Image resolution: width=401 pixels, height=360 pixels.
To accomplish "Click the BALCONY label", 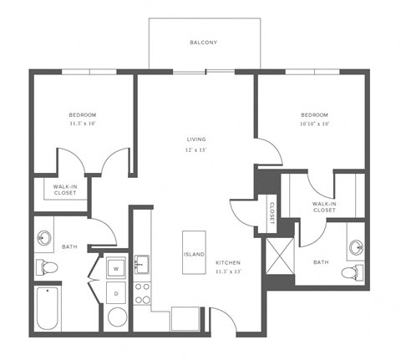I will [203, 42].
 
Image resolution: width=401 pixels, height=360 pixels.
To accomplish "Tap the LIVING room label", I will [197, 139].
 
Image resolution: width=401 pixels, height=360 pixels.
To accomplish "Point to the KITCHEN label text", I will [228, 261].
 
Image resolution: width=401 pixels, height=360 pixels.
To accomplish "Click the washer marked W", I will [116, 267].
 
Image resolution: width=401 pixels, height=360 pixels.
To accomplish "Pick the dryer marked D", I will [116, 292].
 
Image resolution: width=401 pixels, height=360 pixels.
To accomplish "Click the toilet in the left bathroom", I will [47, 268].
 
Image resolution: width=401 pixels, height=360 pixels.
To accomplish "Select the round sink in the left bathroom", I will [44, 237].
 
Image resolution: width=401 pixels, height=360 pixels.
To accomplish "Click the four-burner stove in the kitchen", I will [142, 292].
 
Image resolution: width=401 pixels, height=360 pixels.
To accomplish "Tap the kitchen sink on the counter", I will [142, 266].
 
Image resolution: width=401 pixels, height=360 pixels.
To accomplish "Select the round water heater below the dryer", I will [118, 318].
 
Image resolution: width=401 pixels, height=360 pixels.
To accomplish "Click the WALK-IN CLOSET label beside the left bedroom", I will [65, 190].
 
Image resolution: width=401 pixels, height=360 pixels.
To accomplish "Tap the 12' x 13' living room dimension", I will [197, 150].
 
